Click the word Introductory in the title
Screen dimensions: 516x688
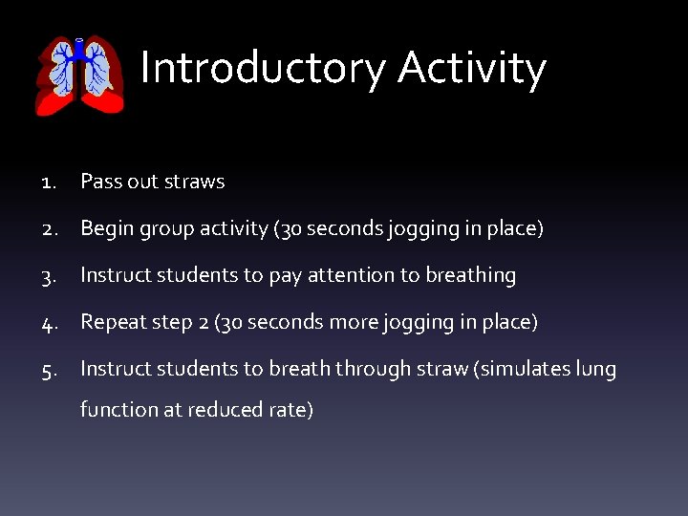(x=263, y=69)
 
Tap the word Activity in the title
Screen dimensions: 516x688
(x=472, y=69)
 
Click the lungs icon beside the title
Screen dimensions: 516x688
(x=80, y=76)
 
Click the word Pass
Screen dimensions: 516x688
(x=99, y=182)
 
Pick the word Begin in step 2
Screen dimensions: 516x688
(x=106, y=229)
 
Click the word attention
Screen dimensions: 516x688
(x=353, y=276)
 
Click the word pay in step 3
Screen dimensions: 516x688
(x=284, y=277)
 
